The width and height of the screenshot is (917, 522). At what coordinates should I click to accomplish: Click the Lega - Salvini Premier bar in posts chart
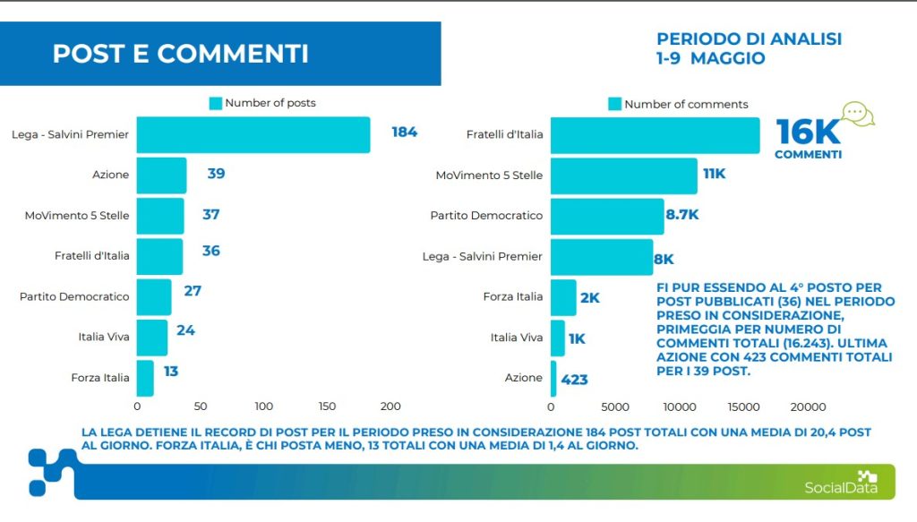[x=253, y=135]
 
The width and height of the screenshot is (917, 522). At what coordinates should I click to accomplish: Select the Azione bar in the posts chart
[x=161, y=175]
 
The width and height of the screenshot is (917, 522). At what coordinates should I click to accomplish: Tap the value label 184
[x=405, y=133]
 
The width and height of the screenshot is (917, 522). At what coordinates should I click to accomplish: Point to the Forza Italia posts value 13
[x=171, y=371]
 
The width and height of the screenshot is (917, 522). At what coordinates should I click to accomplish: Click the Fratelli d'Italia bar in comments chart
[x=655, y=135]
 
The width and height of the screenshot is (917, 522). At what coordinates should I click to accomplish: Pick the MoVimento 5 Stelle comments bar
[x=623, y=175]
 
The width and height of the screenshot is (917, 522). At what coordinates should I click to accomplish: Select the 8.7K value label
[x=682, y=215]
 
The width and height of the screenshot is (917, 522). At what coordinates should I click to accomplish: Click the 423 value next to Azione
[x=574, y=380]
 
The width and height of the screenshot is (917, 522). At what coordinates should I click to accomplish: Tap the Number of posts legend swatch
[x=215, y=103]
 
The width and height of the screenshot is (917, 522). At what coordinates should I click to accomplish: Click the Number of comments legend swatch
[x=614, y=104]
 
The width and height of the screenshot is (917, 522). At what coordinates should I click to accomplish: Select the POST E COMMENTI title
[x=180, y=54]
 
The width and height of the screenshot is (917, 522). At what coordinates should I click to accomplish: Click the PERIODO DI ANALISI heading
[x=749, y=39]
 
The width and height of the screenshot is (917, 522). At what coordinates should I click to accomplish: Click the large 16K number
[x=808, y=132]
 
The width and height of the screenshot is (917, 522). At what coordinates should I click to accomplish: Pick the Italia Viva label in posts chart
[x=104, y=338]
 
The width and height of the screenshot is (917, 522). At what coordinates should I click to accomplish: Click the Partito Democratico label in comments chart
[x=486, y=216]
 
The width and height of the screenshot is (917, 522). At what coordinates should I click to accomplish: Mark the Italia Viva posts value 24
[x=185, y=330]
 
